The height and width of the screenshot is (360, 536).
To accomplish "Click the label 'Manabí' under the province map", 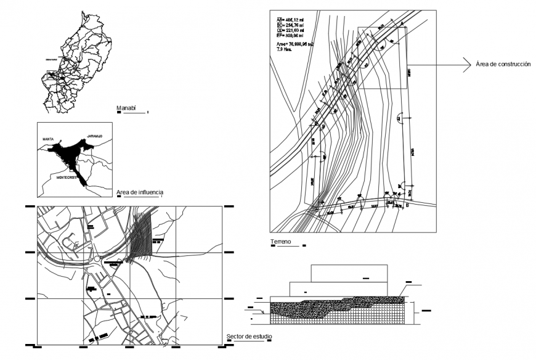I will [x=126, y=108].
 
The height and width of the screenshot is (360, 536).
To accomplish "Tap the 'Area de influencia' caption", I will [x=140, y=192].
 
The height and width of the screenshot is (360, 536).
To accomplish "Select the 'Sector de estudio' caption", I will [x=249, y=337].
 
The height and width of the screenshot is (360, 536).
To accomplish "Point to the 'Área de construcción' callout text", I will [x=503, y=63].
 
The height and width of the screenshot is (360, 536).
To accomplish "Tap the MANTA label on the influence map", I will [x=49, y=140].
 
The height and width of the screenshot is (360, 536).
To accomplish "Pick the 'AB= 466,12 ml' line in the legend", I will [x=290, y=20].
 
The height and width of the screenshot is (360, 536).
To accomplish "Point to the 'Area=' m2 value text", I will [x=293, y=44].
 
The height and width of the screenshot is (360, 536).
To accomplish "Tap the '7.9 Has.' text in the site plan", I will [x=284, y=49].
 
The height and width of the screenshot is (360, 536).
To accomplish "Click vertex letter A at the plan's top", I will [x=402, y=23].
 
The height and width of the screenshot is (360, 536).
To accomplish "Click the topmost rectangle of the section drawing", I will [x=349, y=273].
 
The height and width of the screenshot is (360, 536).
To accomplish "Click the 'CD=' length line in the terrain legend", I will [x=290, y=31].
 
